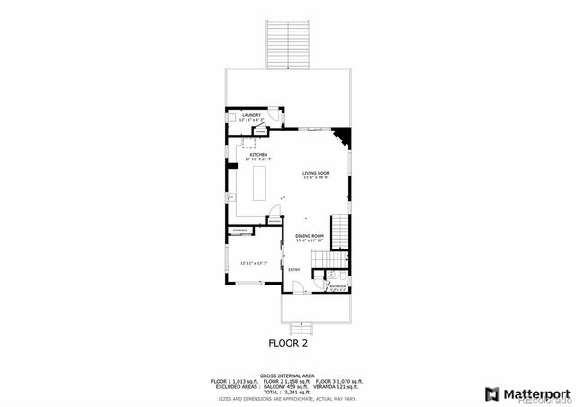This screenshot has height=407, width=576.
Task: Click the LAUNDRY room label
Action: coord(251,115)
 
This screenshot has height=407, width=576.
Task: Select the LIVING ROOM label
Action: coord(316,173)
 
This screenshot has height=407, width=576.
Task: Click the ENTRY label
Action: coord(294,269)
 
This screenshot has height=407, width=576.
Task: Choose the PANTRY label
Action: coord(274,220)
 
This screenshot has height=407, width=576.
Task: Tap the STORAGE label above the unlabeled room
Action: coord(240,231)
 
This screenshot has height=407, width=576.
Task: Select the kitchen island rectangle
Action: coord(262,183)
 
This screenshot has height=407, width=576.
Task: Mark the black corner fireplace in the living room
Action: coord(343,137)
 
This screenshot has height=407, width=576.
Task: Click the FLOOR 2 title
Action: coord(289,343)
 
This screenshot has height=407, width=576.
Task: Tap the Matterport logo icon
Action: coord(490,393)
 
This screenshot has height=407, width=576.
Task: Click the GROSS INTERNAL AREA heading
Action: coord(288,375)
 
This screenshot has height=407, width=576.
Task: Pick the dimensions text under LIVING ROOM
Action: coord(316,178)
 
